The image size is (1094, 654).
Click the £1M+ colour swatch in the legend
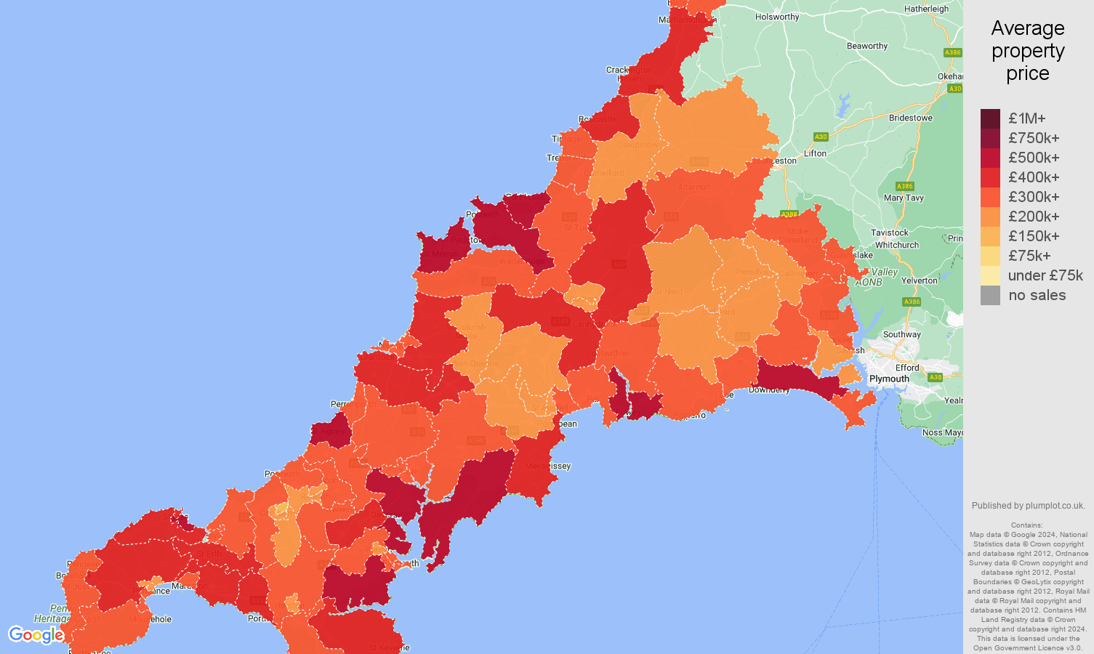tap(990, 118)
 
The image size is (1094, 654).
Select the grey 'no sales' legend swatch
tap(990, 295)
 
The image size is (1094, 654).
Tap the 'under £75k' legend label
tap(1045, 275)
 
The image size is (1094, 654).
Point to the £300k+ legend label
tap(1034, 197)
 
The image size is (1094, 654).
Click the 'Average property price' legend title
tap(1028, 51)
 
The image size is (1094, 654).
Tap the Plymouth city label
tap(889, 379)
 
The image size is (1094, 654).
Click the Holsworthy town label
tap(777, 17)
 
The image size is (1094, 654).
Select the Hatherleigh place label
tap(926, 9)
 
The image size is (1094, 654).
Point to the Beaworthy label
tap(867, 46)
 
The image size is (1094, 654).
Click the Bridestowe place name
tap(910, 118)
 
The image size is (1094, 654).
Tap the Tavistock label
tap(890, 233)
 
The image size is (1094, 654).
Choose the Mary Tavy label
tap(904, 198)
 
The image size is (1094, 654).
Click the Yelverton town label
tap(920, 280)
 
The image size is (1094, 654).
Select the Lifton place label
tap(815, 153)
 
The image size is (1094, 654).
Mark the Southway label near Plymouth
tap(901, 334)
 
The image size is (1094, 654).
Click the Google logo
tap(36, 635)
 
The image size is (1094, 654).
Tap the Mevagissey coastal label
tap(547, 466)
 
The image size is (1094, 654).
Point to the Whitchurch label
tap(897, 245)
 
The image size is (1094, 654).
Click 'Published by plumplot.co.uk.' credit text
tap(1028, 506)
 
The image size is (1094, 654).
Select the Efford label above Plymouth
tap(907, 368)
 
